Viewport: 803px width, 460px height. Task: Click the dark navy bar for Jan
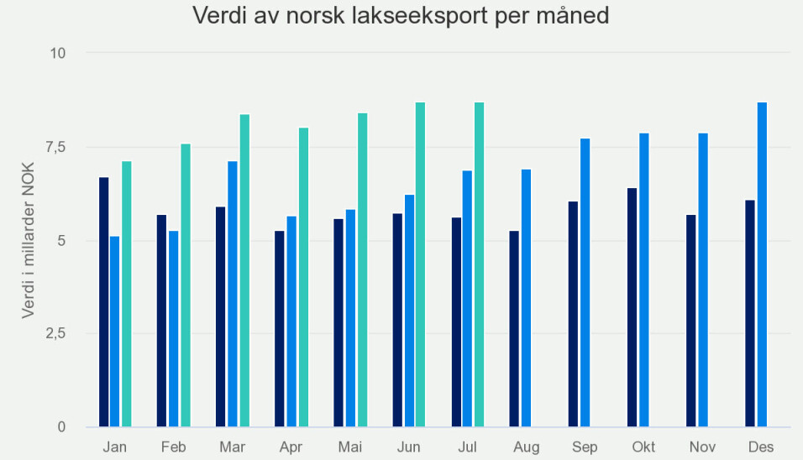103,302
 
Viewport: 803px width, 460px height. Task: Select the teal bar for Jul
479,264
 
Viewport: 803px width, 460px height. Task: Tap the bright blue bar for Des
762,264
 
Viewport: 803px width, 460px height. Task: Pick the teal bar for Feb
186,285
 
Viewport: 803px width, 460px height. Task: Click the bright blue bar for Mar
233,294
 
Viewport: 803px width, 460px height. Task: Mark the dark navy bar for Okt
632,307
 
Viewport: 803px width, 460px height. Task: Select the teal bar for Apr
303,277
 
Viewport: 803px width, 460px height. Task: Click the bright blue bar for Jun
409,311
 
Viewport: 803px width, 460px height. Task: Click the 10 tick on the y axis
57,53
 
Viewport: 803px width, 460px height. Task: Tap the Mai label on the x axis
349,447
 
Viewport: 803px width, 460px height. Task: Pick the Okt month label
643,447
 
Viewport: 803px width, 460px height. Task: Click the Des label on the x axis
761,447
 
